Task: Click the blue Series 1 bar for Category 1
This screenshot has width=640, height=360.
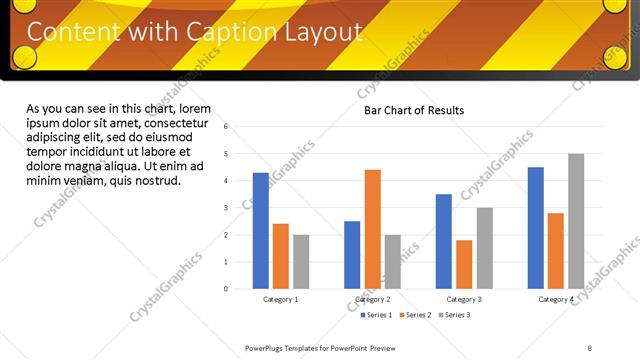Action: click(x=261, y=231)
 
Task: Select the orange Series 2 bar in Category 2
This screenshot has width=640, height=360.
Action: click(x=372, y=229)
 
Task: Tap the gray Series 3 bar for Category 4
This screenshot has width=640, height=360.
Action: click(x=576, y=221)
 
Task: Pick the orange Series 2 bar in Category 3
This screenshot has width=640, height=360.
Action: click(x=464, y=264)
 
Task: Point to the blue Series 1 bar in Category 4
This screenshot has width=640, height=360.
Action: click(x=536, y=228)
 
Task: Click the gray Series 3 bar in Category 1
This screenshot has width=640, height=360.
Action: click(x=301, y=262)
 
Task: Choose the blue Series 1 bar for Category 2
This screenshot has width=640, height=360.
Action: click(x=352, y=255)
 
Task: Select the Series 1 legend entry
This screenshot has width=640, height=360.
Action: click(x=376, y=315)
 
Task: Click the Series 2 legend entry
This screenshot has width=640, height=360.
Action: click(x=415, y=315)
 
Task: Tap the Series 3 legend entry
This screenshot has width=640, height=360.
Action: click(x=454, y=315)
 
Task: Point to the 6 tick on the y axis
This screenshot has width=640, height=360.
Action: click(x=227, y=127)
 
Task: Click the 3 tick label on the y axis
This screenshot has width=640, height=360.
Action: click(x=227, y=208)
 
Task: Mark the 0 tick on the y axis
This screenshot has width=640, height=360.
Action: click(x=227, y=289)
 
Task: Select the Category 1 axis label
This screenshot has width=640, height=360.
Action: click(x=280, y=299)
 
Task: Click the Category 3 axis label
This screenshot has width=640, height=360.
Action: click(x=463, y=299)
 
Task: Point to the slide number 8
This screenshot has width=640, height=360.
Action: click(x=589, y=347)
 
